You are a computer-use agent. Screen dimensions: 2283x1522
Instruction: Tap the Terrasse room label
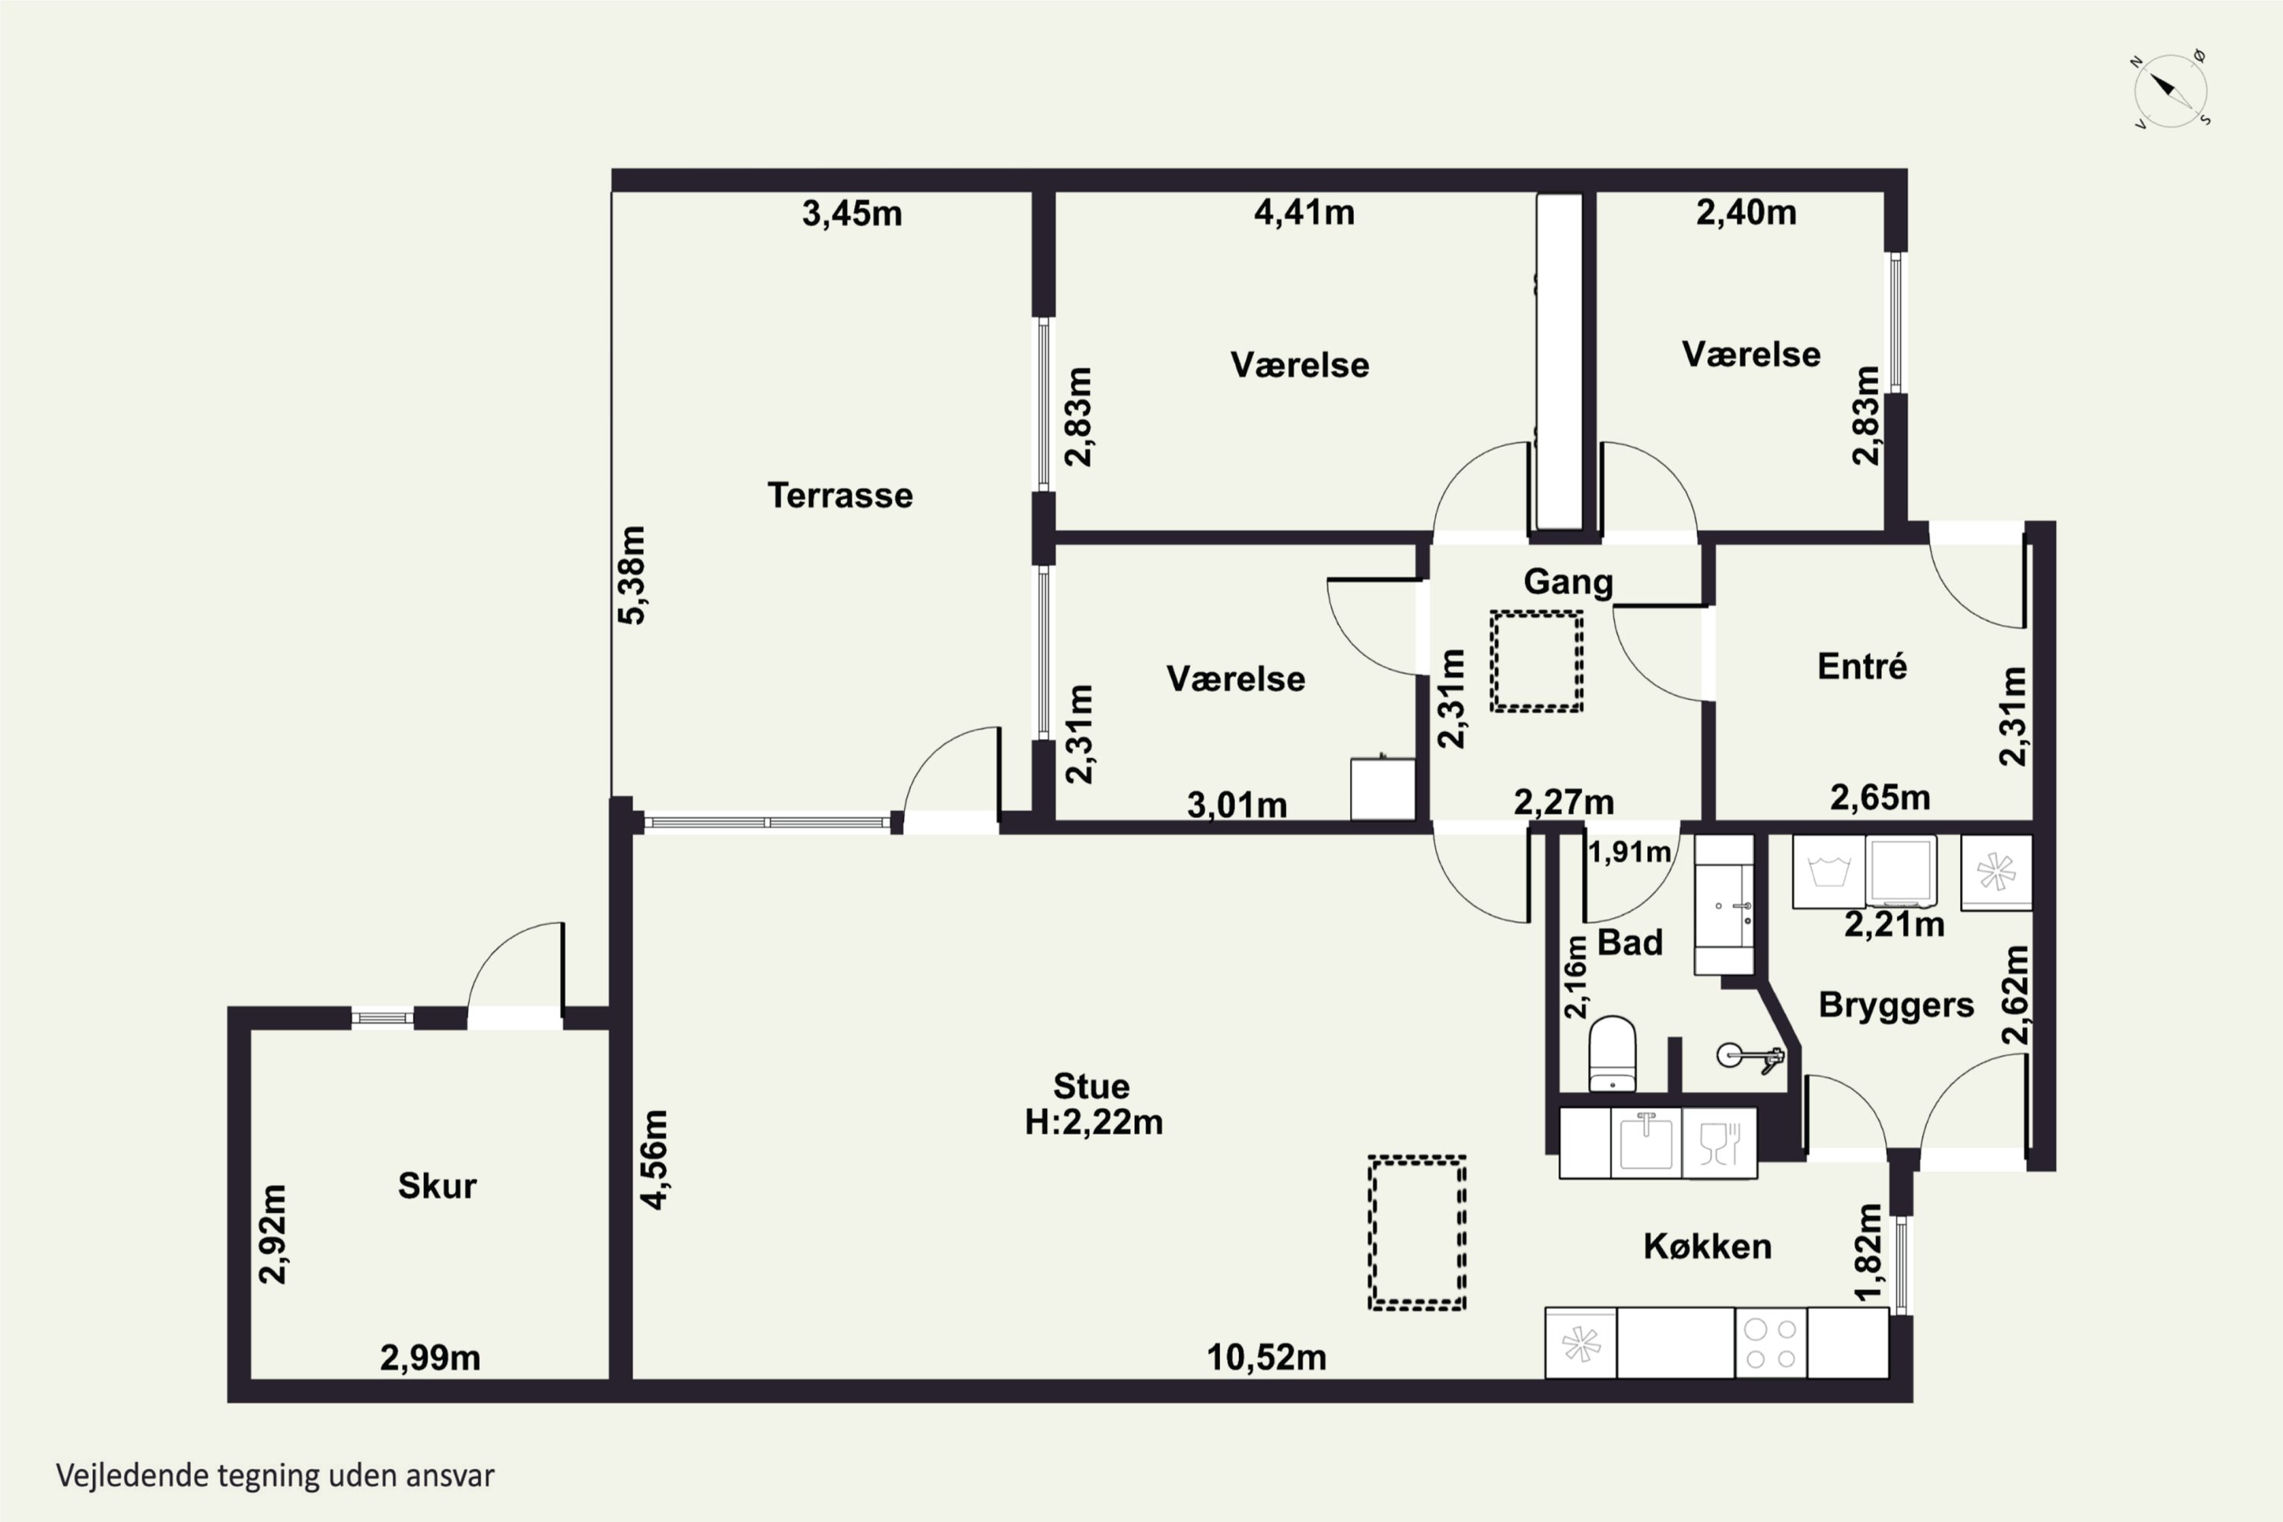pyautogui.click(x=839, y=495)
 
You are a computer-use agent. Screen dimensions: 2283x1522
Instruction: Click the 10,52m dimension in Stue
pyautogui.click(x=1266, y=1357)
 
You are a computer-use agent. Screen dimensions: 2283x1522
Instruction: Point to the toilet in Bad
pyautogui.click(x=1613, y=1053)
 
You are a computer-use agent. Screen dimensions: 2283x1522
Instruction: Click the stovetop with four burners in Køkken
pyautogui.click(x=1771, y=1343)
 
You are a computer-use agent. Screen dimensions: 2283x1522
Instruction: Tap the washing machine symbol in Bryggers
pyautogui.click(x=1829, y=871)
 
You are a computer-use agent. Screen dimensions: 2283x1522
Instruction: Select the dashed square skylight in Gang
pyautogui.click(x=1536, y=661)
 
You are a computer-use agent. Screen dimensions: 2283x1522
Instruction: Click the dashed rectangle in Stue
pyautogui.click(x=1416, y=1233)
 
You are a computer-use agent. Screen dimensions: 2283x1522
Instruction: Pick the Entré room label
pyautogui.click(x=1861, y=666)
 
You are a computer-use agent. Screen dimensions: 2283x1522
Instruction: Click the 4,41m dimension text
pyautogui.click(x=1304, y=212)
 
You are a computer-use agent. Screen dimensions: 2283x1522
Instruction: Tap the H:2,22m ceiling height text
pyautogui.click(x=1094, y=1122)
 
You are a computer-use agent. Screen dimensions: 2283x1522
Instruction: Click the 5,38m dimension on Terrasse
pyautogui.click(x=632, y=575)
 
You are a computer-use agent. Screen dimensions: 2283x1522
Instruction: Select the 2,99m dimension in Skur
pyautogui.click(x=430, y=1358)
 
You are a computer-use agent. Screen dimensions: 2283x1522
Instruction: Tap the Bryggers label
pyautogui.click(x=1896, y=1005)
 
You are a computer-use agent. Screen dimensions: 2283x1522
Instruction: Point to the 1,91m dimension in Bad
pyautogui.click(x=1630, y=852)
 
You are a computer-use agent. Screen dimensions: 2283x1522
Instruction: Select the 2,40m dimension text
pyautogui.click(x=1746, y=212)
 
